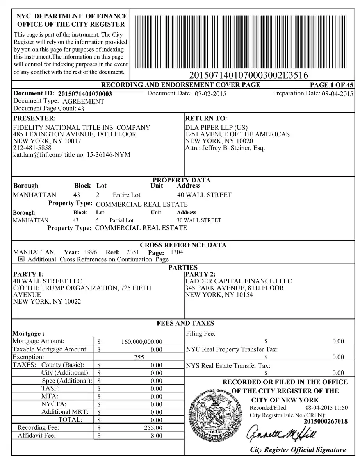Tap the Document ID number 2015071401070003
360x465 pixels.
point(85,94)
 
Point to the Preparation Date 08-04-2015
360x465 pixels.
point(337,94)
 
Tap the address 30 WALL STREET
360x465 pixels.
point(199,220)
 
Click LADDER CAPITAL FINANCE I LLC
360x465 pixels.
point(238,281)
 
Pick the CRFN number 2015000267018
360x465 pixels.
point(325,421)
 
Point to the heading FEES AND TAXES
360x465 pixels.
point(185,323)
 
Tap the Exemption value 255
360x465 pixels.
point(139,357)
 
